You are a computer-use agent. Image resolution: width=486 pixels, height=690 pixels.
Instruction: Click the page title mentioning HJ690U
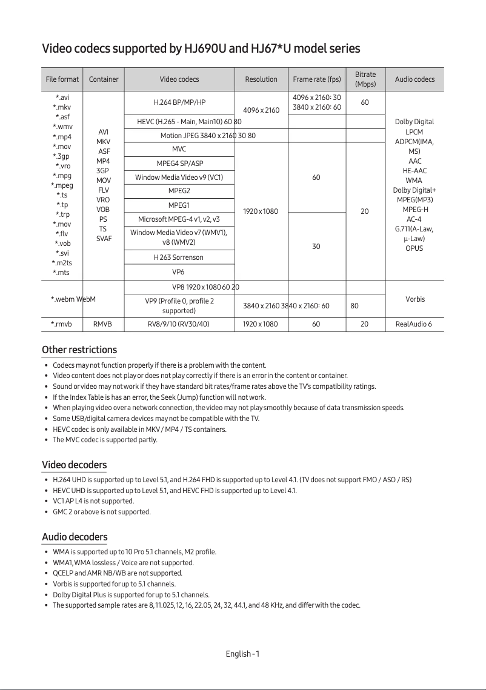(x=201, y=48)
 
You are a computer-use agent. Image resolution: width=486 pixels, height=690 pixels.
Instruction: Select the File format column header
(x=62, y=79)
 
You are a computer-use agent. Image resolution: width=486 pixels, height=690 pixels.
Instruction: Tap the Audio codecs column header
(x=414, y=79)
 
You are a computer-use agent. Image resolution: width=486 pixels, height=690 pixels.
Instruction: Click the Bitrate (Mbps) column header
(x=365, y=79)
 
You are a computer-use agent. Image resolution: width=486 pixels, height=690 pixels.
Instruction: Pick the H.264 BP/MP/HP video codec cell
(x=179, y=102)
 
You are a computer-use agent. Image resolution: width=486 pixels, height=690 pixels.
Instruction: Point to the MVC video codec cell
(x=179, y=149)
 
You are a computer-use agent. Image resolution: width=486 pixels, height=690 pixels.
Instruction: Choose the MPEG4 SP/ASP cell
(x=179, y=164)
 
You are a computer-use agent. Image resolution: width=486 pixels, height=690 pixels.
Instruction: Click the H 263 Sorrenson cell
(x=179, y=257)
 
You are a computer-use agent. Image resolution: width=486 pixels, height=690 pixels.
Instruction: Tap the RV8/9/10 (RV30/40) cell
(x=179, y=324)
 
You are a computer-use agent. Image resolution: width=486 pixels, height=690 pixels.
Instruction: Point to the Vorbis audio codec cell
(x=415, y=299)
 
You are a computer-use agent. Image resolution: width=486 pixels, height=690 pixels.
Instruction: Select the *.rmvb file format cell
(x=61, y=324)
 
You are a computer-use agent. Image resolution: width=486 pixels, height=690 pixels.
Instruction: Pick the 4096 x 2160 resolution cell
(x=261, y=110)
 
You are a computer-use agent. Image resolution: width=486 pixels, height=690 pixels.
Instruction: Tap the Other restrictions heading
(x=79, y=350)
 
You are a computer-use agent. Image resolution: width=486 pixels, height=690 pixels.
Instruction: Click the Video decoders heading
(x=74, y=465)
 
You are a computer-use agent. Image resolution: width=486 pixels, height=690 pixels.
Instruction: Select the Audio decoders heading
(x=75, y=537)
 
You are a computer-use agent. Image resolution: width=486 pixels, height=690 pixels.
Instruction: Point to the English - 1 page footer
(x=242, y=654)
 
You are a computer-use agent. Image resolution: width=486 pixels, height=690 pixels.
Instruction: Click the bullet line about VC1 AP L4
(x=93, y=502)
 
